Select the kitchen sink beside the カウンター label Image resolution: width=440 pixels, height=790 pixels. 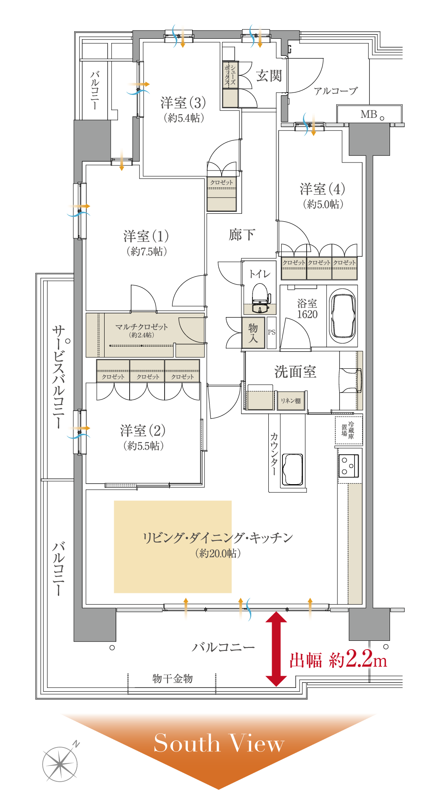(x=292, y=470)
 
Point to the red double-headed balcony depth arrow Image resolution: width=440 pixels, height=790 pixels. (x=276, y=648)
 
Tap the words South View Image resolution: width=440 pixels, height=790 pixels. (x=219, y=743)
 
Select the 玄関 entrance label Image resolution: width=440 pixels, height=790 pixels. (x=269, y=76)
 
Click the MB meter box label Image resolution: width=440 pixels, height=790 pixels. (x=369, y=114)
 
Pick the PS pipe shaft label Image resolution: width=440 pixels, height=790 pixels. (x=272, y=332)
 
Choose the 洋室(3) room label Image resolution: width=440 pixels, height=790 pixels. (x=183, y=102)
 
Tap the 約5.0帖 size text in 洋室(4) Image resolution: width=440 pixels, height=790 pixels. (x=323, y=204)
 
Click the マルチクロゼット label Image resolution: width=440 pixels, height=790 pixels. (x=142, y=327)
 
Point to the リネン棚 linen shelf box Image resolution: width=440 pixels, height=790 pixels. (x=291, y=401)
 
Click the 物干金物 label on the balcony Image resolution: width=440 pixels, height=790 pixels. (x=172, y=679)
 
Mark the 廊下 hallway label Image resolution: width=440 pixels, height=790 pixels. (x=242, y=235)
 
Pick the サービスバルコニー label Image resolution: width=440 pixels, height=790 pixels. (x=59, y=377)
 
